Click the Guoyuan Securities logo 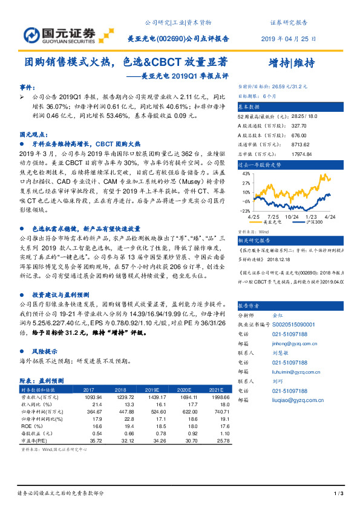click(x=61, y=33)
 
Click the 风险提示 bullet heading click(x=48, y=351)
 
